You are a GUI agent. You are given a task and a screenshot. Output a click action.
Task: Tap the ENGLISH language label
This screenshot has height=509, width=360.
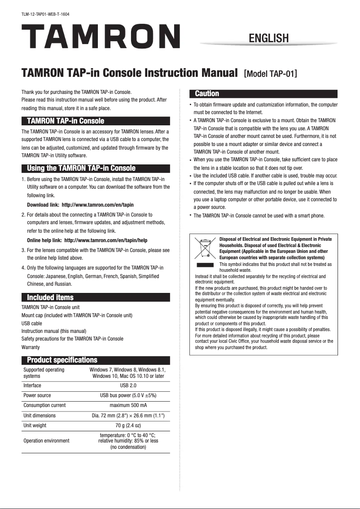pyautogui.click(x=268, y=38)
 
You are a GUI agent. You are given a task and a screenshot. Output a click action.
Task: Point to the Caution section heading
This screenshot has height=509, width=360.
pyautogui.click(x=207, y=94)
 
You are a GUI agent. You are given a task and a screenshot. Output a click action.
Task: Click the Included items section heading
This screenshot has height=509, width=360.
pyautogui.click(x=50, y=297)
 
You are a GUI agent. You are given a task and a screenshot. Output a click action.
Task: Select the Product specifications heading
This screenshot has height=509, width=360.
pyautogui.click(x=62, y=360)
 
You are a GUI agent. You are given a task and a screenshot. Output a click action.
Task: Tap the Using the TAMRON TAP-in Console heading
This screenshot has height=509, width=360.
pyautogui.click(x=81, y=168)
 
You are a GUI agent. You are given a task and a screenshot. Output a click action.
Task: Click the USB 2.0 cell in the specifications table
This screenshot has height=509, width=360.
pyautogui.click(x=128, y=385)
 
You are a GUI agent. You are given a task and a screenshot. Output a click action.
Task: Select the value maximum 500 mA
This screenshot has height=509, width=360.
pyautogui.click(x=128, y=405)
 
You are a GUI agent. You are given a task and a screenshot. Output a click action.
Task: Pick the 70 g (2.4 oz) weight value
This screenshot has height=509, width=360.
pyautogui.click(x=128, y=425)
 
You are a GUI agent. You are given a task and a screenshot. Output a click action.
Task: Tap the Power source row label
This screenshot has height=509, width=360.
pyautogui.click(x=37, y=395)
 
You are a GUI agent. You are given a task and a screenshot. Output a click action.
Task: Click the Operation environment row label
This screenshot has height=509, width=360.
pyautogui.click(x=46, y=441)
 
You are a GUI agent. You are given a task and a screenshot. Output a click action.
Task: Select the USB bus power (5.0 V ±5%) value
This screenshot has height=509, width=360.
pyautogui.click(x=128, y=395)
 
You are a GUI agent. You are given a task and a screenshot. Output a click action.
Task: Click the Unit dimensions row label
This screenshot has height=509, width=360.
pyautogui.click(x=40, y=416)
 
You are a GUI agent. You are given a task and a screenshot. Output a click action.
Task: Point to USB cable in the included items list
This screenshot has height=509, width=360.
pyautogui.click(x=32, y=323)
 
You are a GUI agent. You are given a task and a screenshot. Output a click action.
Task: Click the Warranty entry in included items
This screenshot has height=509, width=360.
pyautogui.click(x=31, y=347)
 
